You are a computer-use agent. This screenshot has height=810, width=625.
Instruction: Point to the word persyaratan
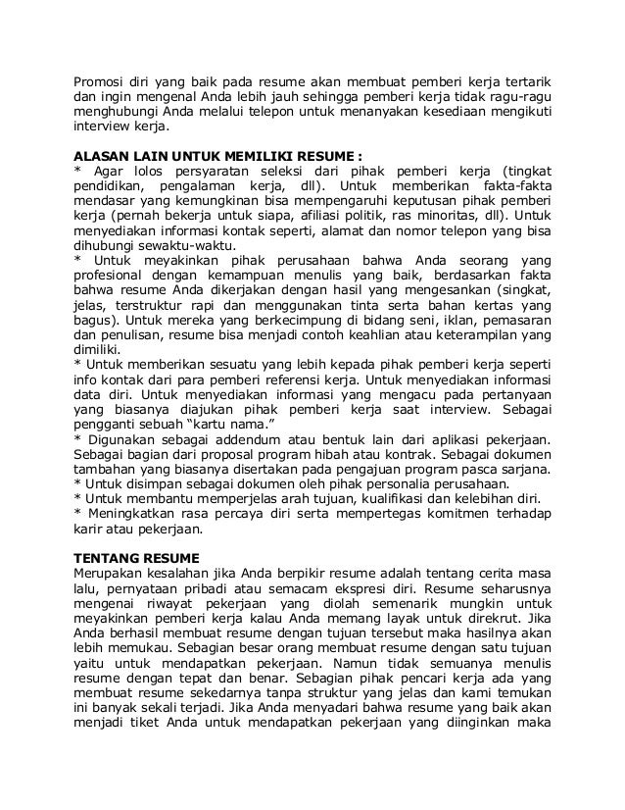(x=218, y=171)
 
